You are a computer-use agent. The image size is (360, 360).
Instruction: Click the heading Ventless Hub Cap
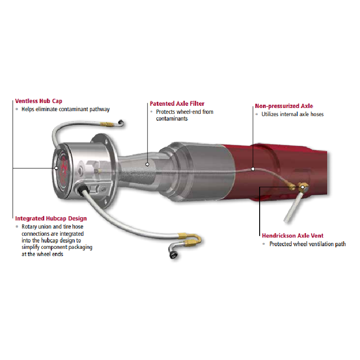(39, 101)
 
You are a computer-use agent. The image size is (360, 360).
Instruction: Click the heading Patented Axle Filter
(177, 103)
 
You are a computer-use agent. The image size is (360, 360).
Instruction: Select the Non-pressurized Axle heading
(284, 106)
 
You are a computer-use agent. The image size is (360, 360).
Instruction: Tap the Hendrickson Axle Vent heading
(292, 235)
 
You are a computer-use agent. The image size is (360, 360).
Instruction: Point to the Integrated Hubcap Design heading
(51, 218)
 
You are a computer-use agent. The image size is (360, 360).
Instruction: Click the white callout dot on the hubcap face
(56, 168)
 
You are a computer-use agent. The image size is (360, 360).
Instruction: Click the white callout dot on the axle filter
(148, 164)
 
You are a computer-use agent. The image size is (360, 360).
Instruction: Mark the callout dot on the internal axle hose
(253, 169)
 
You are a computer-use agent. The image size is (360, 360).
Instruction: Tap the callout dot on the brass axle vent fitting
(302, 187)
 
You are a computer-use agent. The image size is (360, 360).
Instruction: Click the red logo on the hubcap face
(63, 168)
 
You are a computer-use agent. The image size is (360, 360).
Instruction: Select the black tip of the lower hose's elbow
(173, 255)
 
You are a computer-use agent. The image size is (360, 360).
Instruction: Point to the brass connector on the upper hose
(107, 125)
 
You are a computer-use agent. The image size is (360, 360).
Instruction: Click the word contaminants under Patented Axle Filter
(172, 119)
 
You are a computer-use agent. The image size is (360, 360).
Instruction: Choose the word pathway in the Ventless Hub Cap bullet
(99, 109)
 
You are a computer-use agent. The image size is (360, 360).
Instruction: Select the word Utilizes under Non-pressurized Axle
(270, 114)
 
